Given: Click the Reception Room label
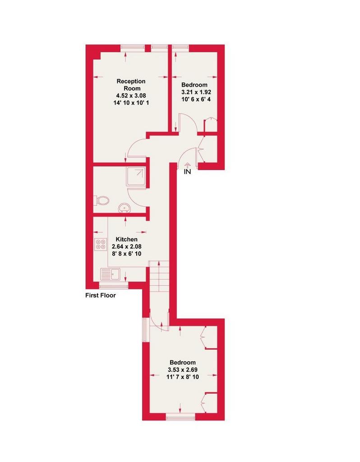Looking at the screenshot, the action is pyautogui.click(x=131, y=84).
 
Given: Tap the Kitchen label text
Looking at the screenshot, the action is pyautogui.click(x=126, y=239).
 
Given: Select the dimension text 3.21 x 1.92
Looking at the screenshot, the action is pyautogui.click(x=196, y=92).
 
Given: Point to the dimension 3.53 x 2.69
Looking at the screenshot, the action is pyautogui.click(x=182, y=370).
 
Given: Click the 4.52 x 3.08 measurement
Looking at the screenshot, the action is pyautogui.click(x=131, y=96).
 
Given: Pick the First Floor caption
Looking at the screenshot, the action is pyautogui.click(x=101, y=295).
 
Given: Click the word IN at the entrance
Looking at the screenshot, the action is pyautogui.click(x=187, y=171).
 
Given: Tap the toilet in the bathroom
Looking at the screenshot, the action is pyautogui.click(x=101, y=201).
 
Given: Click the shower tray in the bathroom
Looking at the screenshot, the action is pyautogui.click(x=136, y=176).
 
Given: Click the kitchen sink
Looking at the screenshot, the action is pyautogui.click(x=110, y=274).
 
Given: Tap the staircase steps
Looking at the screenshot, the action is pyautogui.click(x=159, y=276).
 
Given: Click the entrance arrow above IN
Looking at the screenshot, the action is pyautogui.click(x=187, y=166).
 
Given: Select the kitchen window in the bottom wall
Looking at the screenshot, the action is pyautogui.click(x=114, y=286).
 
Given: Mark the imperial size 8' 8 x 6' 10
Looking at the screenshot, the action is pyautogui.click(x=127, y=254).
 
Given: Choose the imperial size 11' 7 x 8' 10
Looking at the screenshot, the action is pyautogui.click(x=183, y=377).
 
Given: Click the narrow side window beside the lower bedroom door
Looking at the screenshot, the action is pyautogui.click(x=145, y=330).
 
